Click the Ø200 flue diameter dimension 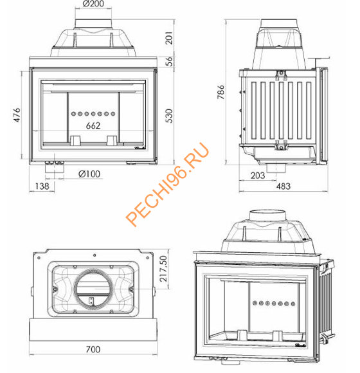[94, 5]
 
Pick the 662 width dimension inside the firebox [93, 126]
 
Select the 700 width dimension [93, 349]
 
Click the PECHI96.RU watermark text [168, 185]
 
